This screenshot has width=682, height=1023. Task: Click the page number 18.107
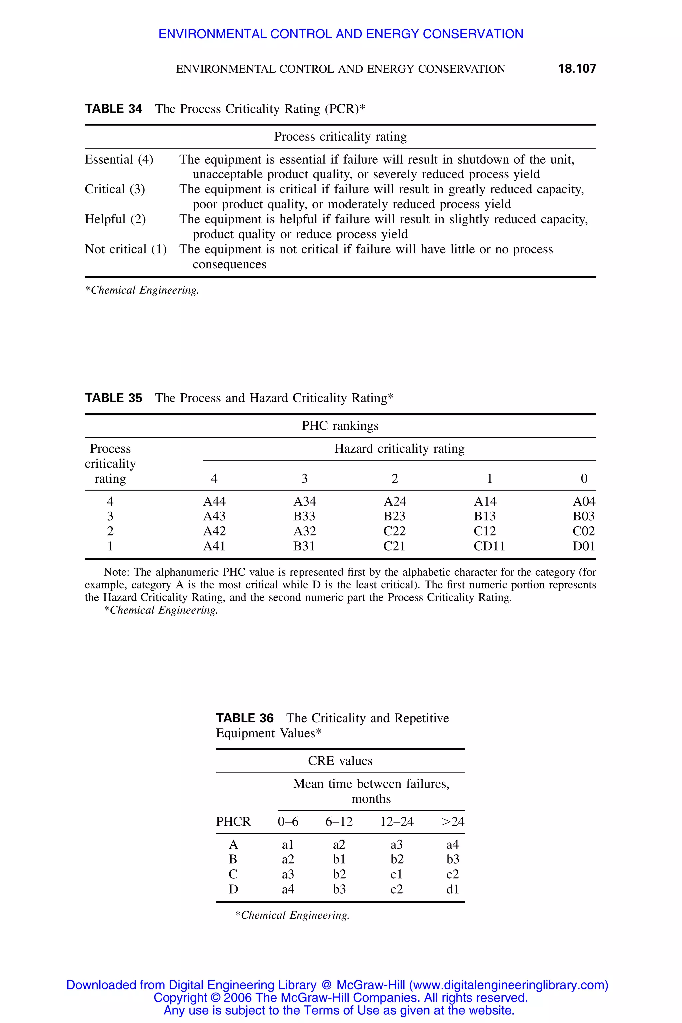point(577,69)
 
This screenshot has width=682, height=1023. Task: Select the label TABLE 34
point(113,109)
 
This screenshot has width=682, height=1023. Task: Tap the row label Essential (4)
point(119,160)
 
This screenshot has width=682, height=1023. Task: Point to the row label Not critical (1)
point(125,250)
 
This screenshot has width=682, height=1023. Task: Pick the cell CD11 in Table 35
point(489,546)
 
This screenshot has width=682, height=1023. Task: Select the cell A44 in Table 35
point(214,502)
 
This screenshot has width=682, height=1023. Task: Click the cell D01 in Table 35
point(584,546)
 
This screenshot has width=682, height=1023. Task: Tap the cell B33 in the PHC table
point(304,516)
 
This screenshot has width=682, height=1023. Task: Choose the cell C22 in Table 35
point(395,531)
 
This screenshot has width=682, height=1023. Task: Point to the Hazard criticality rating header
point(399,449)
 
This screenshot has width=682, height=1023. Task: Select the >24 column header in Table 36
point(452,822)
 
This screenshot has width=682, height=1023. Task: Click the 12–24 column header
point(397,822)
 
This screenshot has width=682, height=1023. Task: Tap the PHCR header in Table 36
point(233,822)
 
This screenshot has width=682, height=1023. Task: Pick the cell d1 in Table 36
point(452,889)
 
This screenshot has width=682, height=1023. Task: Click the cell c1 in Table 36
point(396,874)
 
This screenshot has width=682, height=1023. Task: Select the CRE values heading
point(340,761)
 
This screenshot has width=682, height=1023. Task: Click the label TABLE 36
point(245,718)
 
